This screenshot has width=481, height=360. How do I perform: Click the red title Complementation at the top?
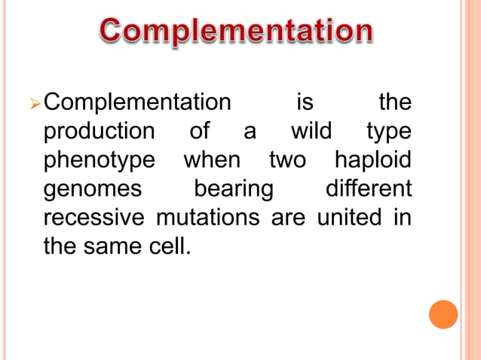(x=237, y=32)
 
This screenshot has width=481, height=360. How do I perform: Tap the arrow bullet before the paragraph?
(x=48, y=102)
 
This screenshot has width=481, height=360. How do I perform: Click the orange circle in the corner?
(x=443, y=314)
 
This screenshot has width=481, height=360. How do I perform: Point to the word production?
(x=99, y=131)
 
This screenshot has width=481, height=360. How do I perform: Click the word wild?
(x=311, y=131)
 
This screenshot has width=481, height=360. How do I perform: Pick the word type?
(x=389, y=131)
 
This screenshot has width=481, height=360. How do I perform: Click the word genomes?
(x=93, y=189)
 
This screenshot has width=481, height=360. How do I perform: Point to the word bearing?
(x=234, y=189)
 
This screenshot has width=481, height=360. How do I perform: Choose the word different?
(x=369, y=189)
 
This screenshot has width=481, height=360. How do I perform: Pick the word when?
(x=212, y=161)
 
